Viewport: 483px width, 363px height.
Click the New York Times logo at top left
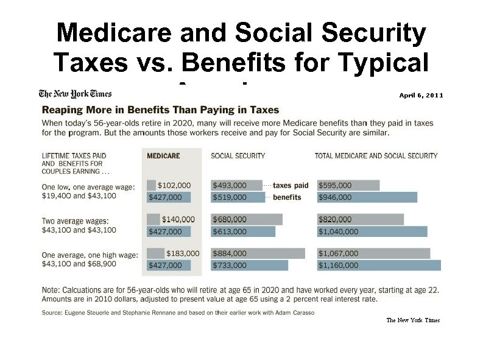76,94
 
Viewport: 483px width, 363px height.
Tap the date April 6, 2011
421,96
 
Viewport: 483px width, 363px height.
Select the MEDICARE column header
163,156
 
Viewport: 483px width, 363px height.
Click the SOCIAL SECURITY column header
238,156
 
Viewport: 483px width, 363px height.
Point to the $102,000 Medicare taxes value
174,185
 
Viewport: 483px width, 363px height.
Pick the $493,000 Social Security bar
236,185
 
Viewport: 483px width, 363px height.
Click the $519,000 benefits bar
238,197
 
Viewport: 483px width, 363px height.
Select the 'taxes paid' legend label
291,185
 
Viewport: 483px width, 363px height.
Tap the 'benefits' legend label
287,197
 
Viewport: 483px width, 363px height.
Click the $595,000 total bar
348,185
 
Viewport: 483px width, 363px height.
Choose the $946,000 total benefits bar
367,197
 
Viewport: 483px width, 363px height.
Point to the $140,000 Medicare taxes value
178,219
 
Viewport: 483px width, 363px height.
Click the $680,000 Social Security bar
247,219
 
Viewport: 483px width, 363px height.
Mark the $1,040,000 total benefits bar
372,231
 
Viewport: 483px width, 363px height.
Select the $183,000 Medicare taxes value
182,253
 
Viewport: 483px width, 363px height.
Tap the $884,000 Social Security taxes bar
258,253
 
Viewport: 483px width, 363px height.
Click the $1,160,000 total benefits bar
378,266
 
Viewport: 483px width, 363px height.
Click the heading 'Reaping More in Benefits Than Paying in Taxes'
160,110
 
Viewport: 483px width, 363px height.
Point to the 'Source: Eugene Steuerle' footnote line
178,312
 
